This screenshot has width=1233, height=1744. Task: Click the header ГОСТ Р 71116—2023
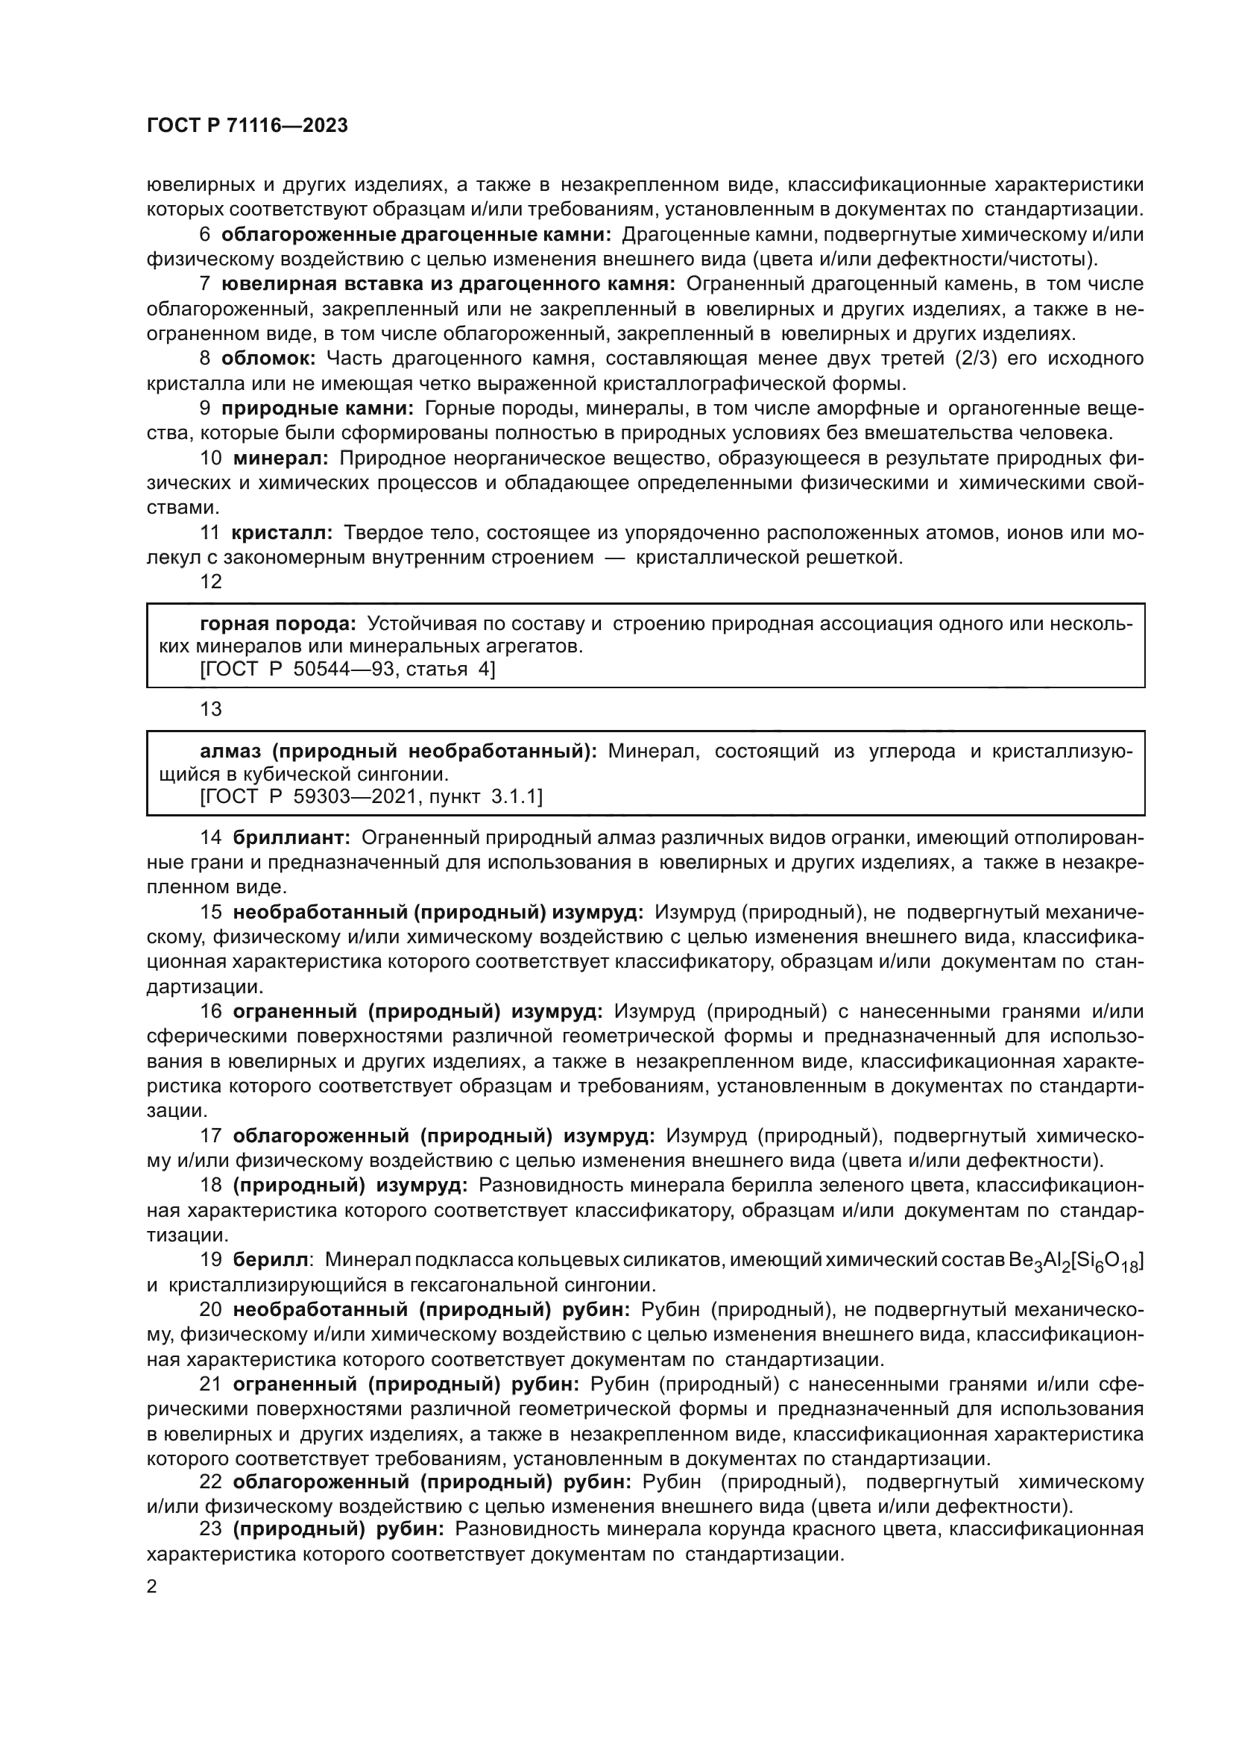pyautogui.click(x=247, y=126)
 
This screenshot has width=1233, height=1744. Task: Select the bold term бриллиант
pyautogui.click(x=291, y=838)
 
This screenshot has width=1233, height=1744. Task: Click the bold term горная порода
pyautogui.click(x=278, y=623)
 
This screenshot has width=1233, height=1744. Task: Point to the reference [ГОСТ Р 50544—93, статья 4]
pyautogui.click(x=347, y=669)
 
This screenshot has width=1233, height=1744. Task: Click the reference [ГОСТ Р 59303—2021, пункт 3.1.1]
pyautogui.click(x=371, y=796)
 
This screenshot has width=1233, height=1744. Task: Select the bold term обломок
pyautogui.click(x=268, y=358)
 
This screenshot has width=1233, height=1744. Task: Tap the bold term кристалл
pyautogui.click(x=282, y=533)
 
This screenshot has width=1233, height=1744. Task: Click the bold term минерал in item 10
pyautogui.click(x=280, y=458)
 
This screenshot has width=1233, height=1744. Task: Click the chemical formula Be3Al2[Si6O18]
pyautogui.click(x=1076, y=1262)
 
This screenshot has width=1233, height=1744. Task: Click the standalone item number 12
pyautogui.click(x=210, y=581)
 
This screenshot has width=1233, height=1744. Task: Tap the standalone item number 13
pyautogui.click(x=210, y=708)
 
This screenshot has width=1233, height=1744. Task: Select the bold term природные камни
pyautogui.click(x=317, y=408)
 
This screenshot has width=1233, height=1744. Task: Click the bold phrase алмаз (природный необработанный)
pyautogui.click(x=399, y=752)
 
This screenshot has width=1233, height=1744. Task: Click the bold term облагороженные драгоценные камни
pyautogui.click(x=416, y=235)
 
